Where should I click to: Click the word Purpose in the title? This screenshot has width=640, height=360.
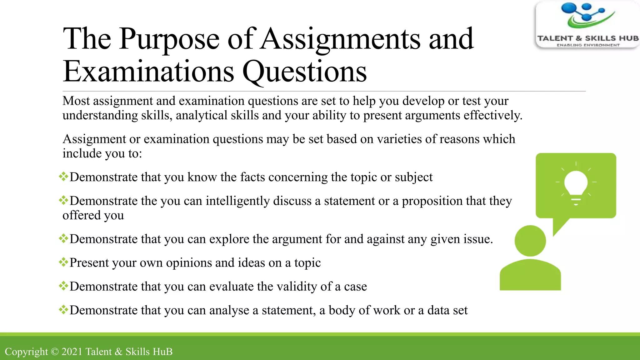pos(169,39)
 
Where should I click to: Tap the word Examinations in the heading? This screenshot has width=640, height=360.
pos(148,72)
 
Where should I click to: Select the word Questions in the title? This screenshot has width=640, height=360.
pos(304,72)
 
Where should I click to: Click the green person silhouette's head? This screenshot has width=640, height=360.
pos(530,241)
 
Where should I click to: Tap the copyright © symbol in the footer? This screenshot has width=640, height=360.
pos(55,352)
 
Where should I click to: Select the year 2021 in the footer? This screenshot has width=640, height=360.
pos(72,352)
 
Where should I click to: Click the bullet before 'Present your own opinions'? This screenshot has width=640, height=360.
pos(63,262)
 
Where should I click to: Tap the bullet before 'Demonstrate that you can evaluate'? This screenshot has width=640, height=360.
pos(63,286)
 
